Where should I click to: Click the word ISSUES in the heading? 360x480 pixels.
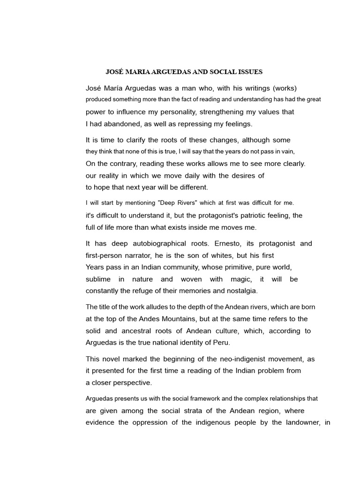248,72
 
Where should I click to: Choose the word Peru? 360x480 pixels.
221,342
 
